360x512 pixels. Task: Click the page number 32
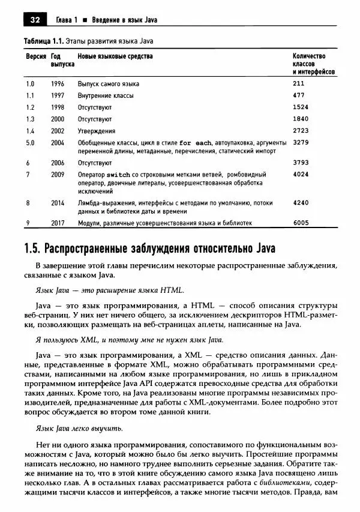tap(34, 20)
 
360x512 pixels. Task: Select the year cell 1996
tap(58, 83)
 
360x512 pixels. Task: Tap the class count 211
tap(299, 83)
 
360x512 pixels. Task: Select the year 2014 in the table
tap(58, 203)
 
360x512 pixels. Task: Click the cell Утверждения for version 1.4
tap(97, 131)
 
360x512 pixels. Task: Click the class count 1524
tap(301, 107)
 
